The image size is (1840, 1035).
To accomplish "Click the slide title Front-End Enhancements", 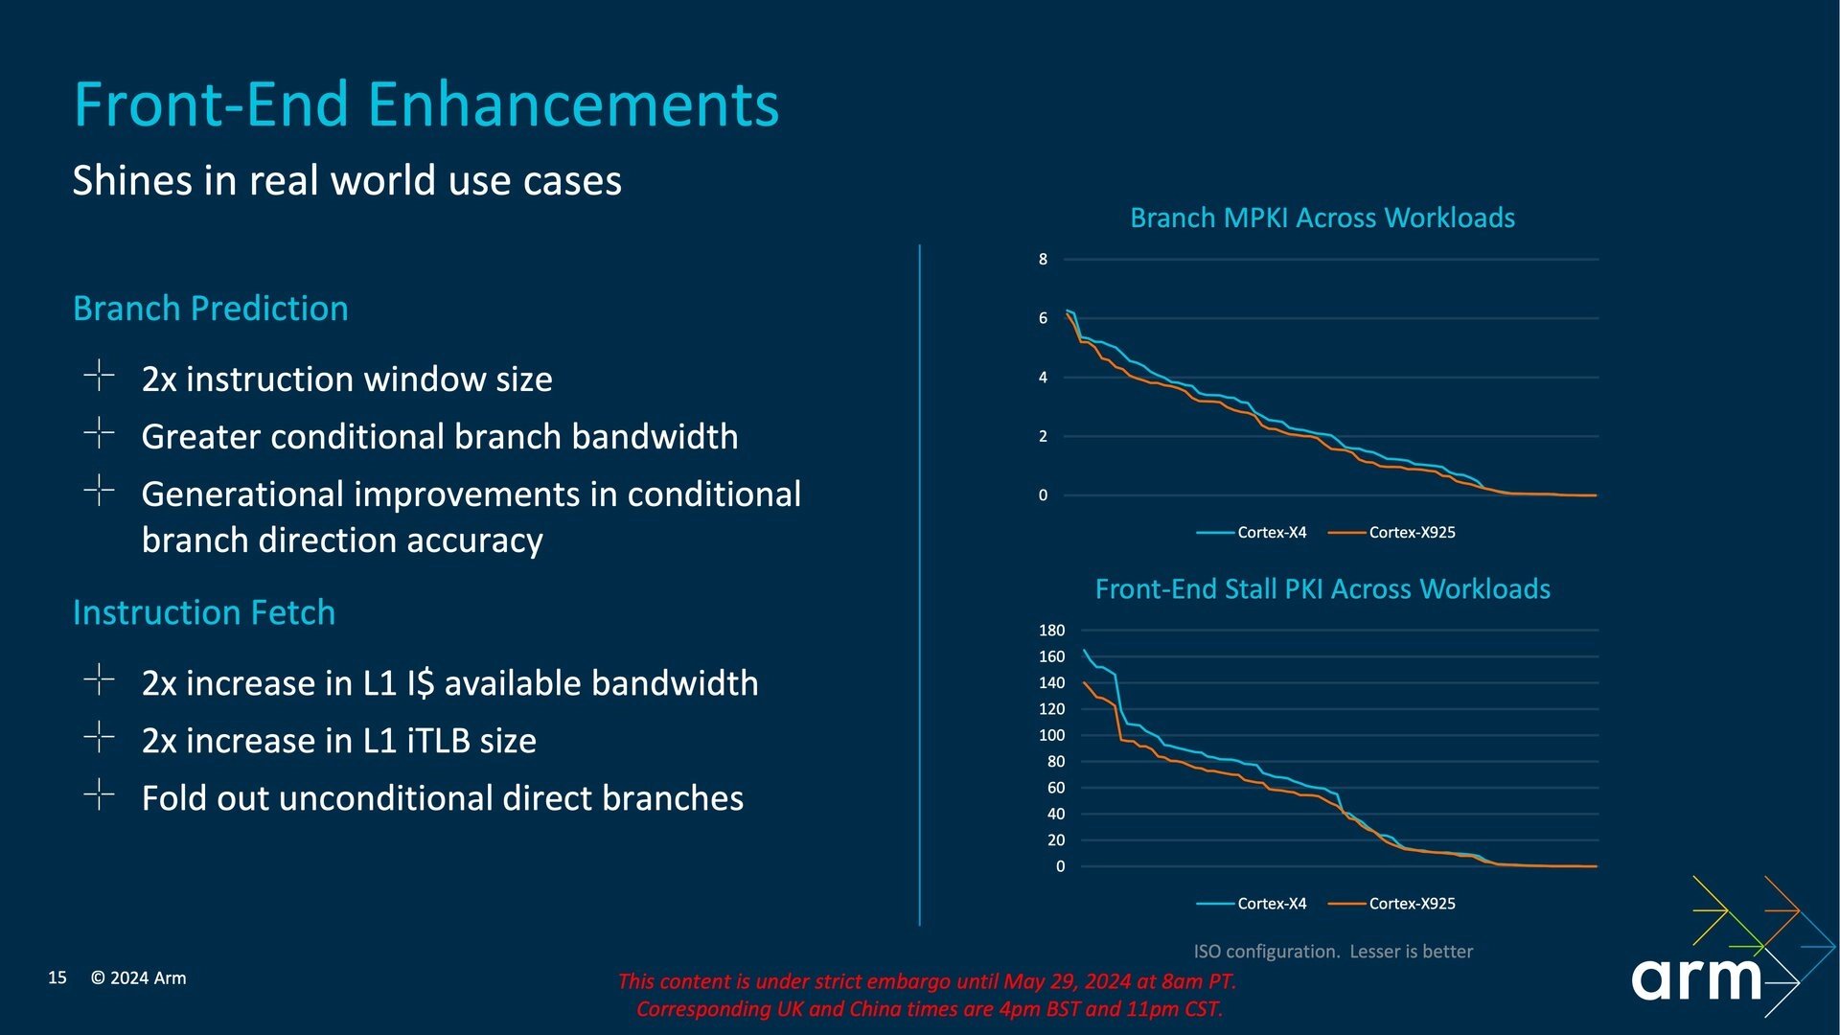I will pos(426,103).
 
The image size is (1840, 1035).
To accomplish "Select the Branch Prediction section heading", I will pos(211,309).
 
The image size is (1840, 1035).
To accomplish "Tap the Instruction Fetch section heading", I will pos(204,612).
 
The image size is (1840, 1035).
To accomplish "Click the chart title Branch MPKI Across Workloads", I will pos(1322,218).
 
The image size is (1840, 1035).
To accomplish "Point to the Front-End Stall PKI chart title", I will pos(1322,589).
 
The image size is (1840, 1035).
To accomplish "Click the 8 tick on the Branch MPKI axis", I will pos(1043,260).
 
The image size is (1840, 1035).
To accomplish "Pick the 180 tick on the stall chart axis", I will pos(1051,631).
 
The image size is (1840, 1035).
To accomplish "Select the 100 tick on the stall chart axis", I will pos(1051,736).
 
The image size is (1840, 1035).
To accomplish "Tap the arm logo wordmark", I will pos(1696,979).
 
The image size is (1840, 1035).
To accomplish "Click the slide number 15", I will pos(57,977).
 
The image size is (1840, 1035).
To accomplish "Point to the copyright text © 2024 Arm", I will pos(139,978).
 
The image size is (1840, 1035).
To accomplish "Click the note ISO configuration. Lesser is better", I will pos(1333,952).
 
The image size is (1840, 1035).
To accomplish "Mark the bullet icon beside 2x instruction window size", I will pos(99,376).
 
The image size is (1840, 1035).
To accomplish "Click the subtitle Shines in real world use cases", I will pos(347,180).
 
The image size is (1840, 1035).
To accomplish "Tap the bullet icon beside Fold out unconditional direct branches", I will pos(99,794).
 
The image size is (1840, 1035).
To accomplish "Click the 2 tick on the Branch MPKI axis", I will pos(1043,437).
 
